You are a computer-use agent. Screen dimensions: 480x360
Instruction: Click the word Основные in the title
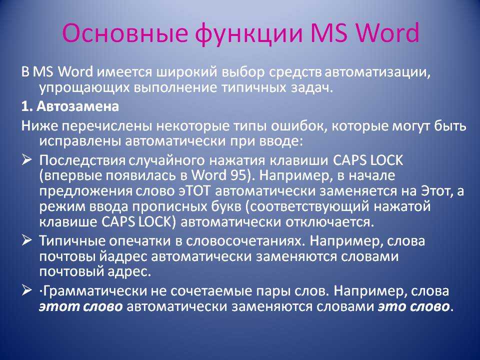(124, 32)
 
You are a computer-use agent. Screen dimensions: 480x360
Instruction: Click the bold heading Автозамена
(78, 106)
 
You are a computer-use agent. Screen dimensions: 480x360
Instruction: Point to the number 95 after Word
(238, 175)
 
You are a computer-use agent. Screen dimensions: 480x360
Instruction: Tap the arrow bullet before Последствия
(26, 160)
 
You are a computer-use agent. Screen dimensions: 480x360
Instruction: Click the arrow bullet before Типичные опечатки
(26, 240)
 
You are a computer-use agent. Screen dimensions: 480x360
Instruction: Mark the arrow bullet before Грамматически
(26, 290)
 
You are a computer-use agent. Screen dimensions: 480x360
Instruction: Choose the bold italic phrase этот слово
(81, 306)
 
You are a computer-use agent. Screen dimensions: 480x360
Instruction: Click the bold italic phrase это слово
(414, 306)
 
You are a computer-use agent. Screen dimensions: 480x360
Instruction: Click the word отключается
(329, 221)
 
